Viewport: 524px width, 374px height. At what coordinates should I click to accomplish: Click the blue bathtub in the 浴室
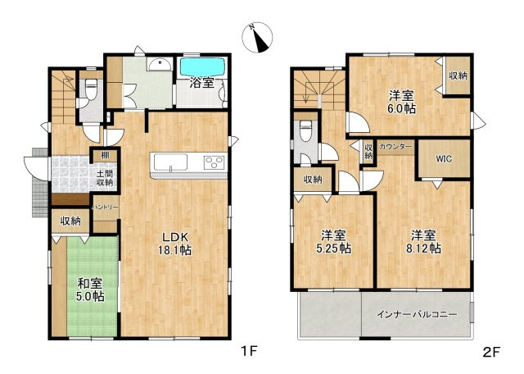(x=202, y=67)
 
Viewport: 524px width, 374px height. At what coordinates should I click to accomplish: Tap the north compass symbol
(x=257, y=37)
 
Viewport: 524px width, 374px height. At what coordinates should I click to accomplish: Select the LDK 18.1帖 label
(x=174, y=244)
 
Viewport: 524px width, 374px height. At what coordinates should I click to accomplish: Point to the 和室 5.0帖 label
(x=89, y=290)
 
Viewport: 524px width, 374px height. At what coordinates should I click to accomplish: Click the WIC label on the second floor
(x=444, y=158)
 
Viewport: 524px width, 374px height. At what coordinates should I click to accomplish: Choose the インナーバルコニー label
(x=417, y=315)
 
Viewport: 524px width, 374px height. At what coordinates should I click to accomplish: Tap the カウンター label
(x=395, y=147)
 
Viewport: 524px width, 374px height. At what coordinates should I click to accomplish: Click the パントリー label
(x=106, y=208)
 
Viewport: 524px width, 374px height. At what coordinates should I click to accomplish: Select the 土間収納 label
(x=104, y=179)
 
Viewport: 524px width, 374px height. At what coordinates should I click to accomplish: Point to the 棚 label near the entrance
(x=105, y=156)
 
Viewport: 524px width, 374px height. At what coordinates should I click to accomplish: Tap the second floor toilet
(x=305, y=131)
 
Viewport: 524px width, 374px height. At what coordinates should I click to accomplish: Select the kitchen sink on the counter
(x=170, y=162)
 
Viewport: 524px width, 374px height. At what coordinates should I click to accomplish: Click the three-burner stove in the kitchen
(x=214, y=162)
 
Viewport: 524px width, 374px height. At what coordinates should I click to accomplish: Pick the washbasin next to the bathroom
(x=160, y=64)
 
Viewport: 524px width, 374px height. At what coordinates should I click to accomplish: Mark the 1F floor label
(x=249, y=351)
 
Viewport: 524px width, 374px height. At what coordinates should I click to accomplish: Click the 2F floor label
(x=491, y=352)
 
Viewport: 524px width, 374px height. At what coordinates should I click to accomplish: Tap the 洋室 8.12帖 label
(x=424, y=242)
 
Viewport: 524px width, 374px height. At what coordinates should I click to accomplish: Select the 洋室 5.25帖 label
(x=333, y=242)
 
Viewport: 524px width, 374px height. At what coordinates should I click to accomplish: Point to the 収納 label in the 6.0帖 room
(x=458, y=75)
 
